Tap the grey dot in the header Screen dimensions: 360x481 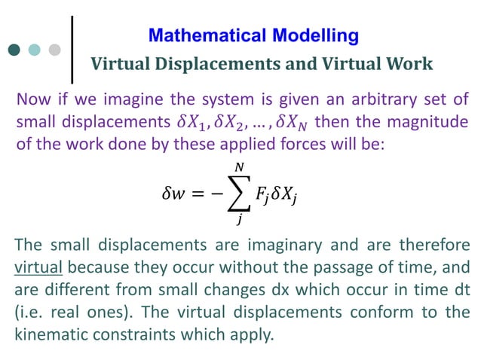(x=54, y=50)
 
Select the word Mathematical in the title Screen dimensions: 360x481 (x=198, y=35)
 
